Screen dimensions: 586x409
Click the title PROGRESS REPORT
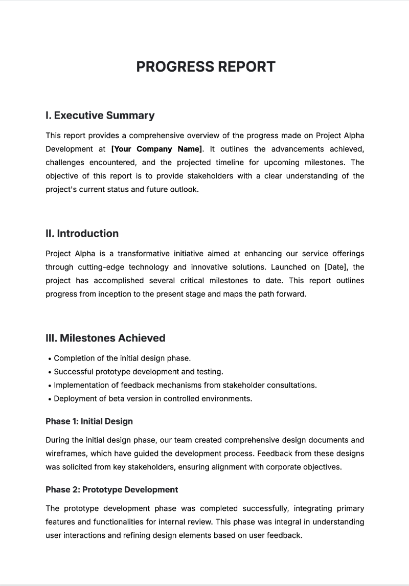point(206,66)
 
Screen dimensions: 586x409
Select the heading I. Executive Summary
point(100,116)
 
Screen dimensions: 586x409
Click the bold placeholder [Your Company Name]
point(157,149)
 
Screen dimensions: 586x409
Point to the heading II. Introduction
point(82,234)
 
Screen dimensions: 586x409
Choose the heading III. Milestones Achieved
point(105,338)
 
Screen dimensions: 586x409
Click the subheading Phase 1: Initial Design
point(89,421)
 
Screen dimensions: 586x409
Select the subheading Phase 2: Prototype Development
point(111,489)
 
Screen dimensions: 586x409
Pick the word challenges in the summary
point(65,163)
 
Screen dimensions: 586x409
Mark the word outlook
point(184,189)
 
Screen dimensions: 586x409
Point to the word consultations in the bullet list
point(293,385)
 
